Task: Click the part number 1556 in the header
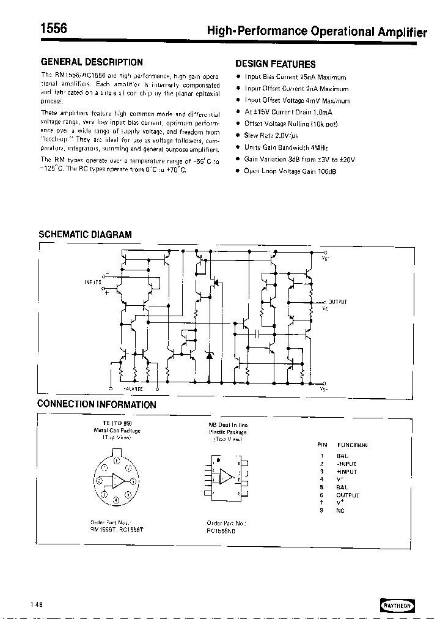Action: coord(54,28)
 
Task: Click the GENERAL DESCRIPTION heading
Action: coord(92,62)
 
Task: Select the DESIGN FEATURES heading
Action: coord(276,64)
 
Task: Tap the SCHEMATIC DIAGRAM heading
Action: coord(85,234)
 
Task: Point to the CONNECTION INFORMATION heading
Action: coord(97,404)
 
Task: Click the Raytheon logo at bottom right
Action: coord(398,604)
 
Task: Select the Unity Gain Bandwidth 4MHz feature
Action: coord(282,147)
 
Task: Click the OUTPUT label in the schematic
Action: coord(338,302)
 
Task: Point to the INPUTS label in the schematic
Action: coord(93,282)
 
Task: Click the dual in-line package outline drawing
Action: coord(227,476)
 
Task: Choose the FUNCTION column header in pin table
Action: coord(352,445)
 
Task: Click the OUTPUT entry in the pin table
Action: coord(348,495)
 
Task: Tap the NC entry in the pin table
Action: coord(340,511)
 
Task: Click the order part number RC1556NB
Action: coord(221,531)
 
